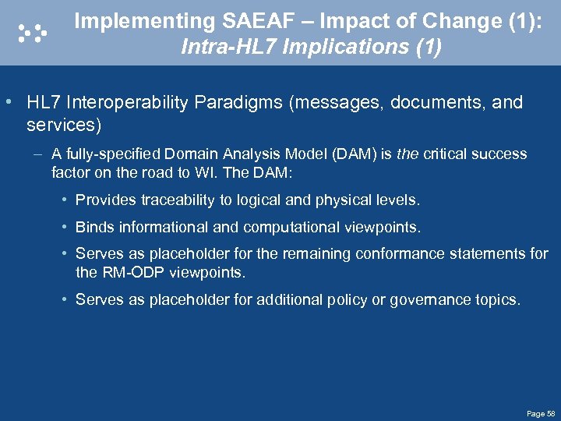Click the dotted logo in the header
point(32,32)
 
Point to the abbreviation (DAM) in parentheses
point(354,154)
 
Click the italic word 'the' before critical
point(407,154)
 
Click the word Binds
point(93,228)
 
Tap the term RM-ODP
point(129,273)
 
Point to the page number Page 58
point(540,412)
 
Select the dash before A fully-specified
point(38,154)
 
